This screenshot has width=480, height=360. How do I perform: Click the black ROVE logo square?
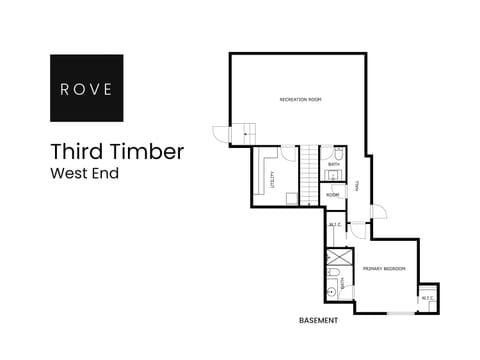[x=87, y=88]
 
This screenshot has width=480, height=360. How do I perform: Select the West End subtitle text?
[x=85, y=174]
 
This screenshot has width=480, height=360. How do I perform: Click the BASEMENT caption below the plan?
[x=319, y=321]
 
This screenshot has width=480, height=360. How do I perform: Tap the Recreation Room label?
[x=300, y=100]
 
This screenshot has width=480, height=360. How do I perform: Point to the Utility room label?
[x=273, y=181]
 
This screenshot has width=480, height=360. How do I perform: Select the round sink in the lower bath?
[x=331, y=291]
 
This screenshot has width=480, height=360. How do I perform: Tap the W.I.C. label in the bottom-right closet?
[x=427, y=297]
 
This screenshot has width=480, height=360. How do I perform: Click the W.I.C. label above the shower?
[x=335, y=225]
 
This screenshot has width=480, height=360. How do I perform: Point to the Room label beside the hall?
[x=332, y=194]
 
